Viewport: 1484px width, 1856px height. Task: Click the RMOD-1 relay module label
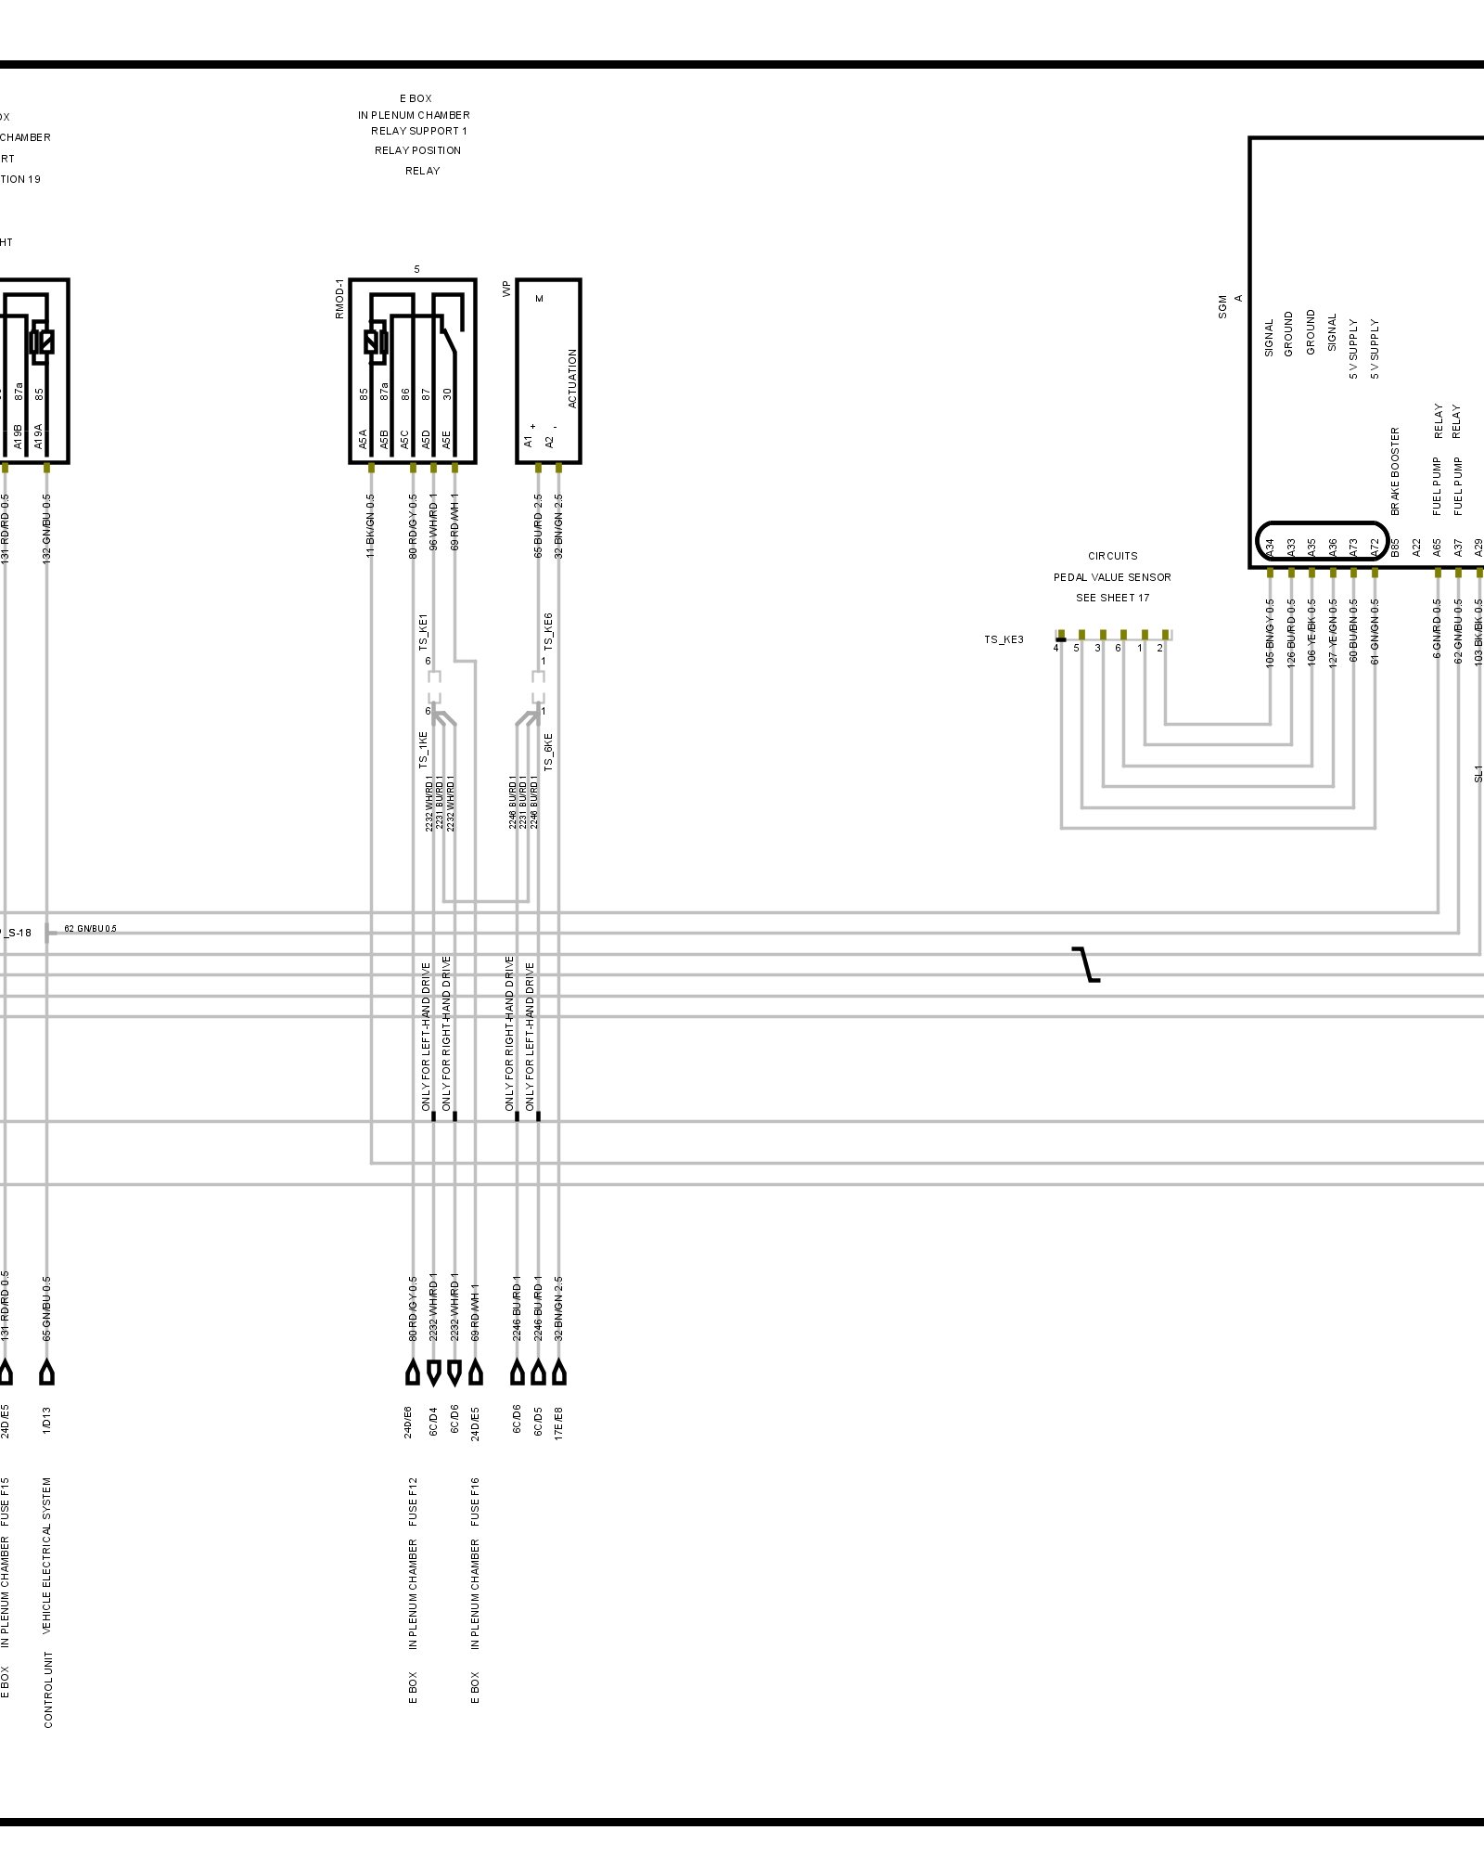[339, 298]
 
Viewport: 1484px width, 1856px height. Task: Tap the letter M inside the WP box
[540, 298]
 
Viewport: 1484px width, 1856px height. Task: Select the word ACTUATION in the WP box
[572, 379]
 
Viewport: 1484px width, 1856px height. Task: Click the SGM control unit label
[1222, 307]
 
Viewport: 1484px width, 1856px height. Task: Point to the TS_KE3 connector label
[1004, 639]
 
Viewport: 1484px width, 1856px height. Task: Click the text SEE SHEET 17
[1112, 598]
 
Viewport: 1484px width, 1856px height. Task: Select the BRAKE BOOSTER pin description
[1395, 471]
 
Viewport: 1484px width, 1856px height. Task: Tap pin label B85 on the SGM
[1395, 548]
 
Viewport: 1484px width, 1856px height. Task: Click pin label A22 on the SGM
[1416, 548]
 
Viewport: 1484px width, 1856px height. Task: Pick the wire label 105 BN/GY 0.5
[1270, 632]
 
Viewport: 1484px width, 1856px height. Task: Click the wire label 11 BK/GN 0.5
[371, 525]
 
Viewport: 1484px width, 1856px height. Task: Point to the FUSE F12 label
[413, 1502]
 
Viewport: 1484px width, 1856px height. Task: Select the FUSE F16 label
[475, 1502]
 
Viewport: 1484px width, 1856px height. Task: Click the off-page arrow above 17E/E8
[558, 1373]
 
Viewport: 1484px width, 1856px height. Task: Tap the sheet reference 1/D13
[47, 1420]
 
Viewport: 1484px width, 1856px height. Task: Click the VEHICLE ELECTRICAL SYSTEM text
[47, 1555]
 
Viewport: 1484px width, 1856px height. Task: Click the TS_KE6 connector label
[548, 631]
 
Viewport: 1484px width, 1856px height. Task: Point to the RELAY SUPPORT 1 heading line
[419, 131]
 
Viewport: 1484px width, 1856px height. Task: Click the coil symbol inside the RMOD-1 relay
[376, 342]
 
